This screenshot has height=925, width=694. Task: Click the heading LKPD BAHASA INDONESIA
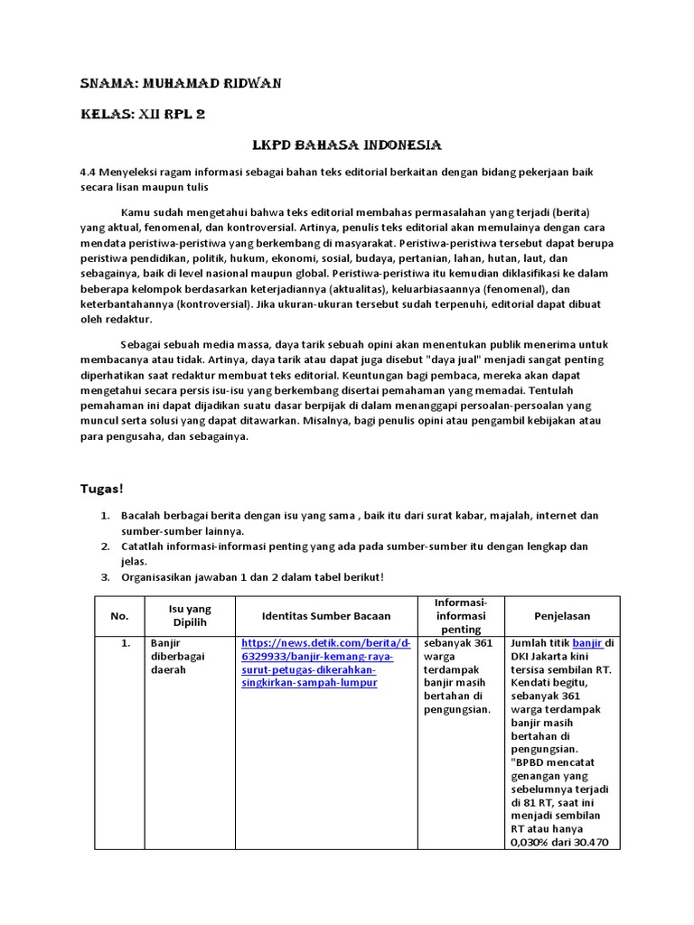coord(346,145)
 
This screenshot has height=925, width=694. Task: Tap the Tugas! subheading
coord(101,489)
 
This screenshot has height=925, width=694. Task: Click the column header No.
coord(120,615)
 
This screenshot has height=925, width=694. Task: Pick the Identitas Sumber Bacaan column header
coord(326,615)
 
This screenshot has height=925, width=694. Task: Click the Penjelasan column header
coord(561,615)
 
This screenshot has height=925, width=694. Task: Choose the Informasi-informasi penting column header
coord(461,615)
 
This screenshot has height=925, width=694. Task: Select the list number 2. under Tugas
coord(105,547)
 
